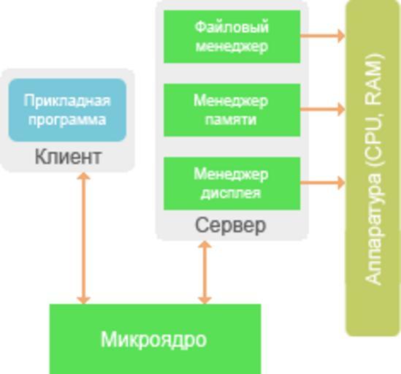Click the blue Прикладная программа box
coord(67,110)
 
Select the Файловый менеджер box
coord(232,37)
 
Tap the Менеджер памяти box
coord(232,110)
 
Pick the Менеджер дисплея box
coord(232,183)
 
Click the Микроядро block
coord(156,339)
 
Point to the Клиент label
coord(68,156)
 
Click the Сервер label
coord(231,225)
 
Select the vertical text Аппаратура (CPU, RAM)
coord(373,169)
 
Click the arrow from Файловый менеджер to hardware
coord(323,36)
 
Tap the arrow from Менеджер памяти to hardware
coord(323,110)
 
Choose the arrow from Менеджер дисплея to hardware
coord(323,183)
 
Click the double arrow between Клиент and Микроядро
coord(83,238)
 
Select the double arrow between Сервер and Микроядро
coord(205,272)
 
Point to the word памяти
coord(231,120)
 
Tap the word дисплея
coord(231,193)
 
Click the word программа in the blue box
coord(67,120)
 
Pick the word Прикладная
coord(67,101)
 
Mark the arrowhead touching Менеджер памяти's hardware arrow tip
coord(341,110)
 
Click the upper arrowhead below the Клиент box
coord(83,176)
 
